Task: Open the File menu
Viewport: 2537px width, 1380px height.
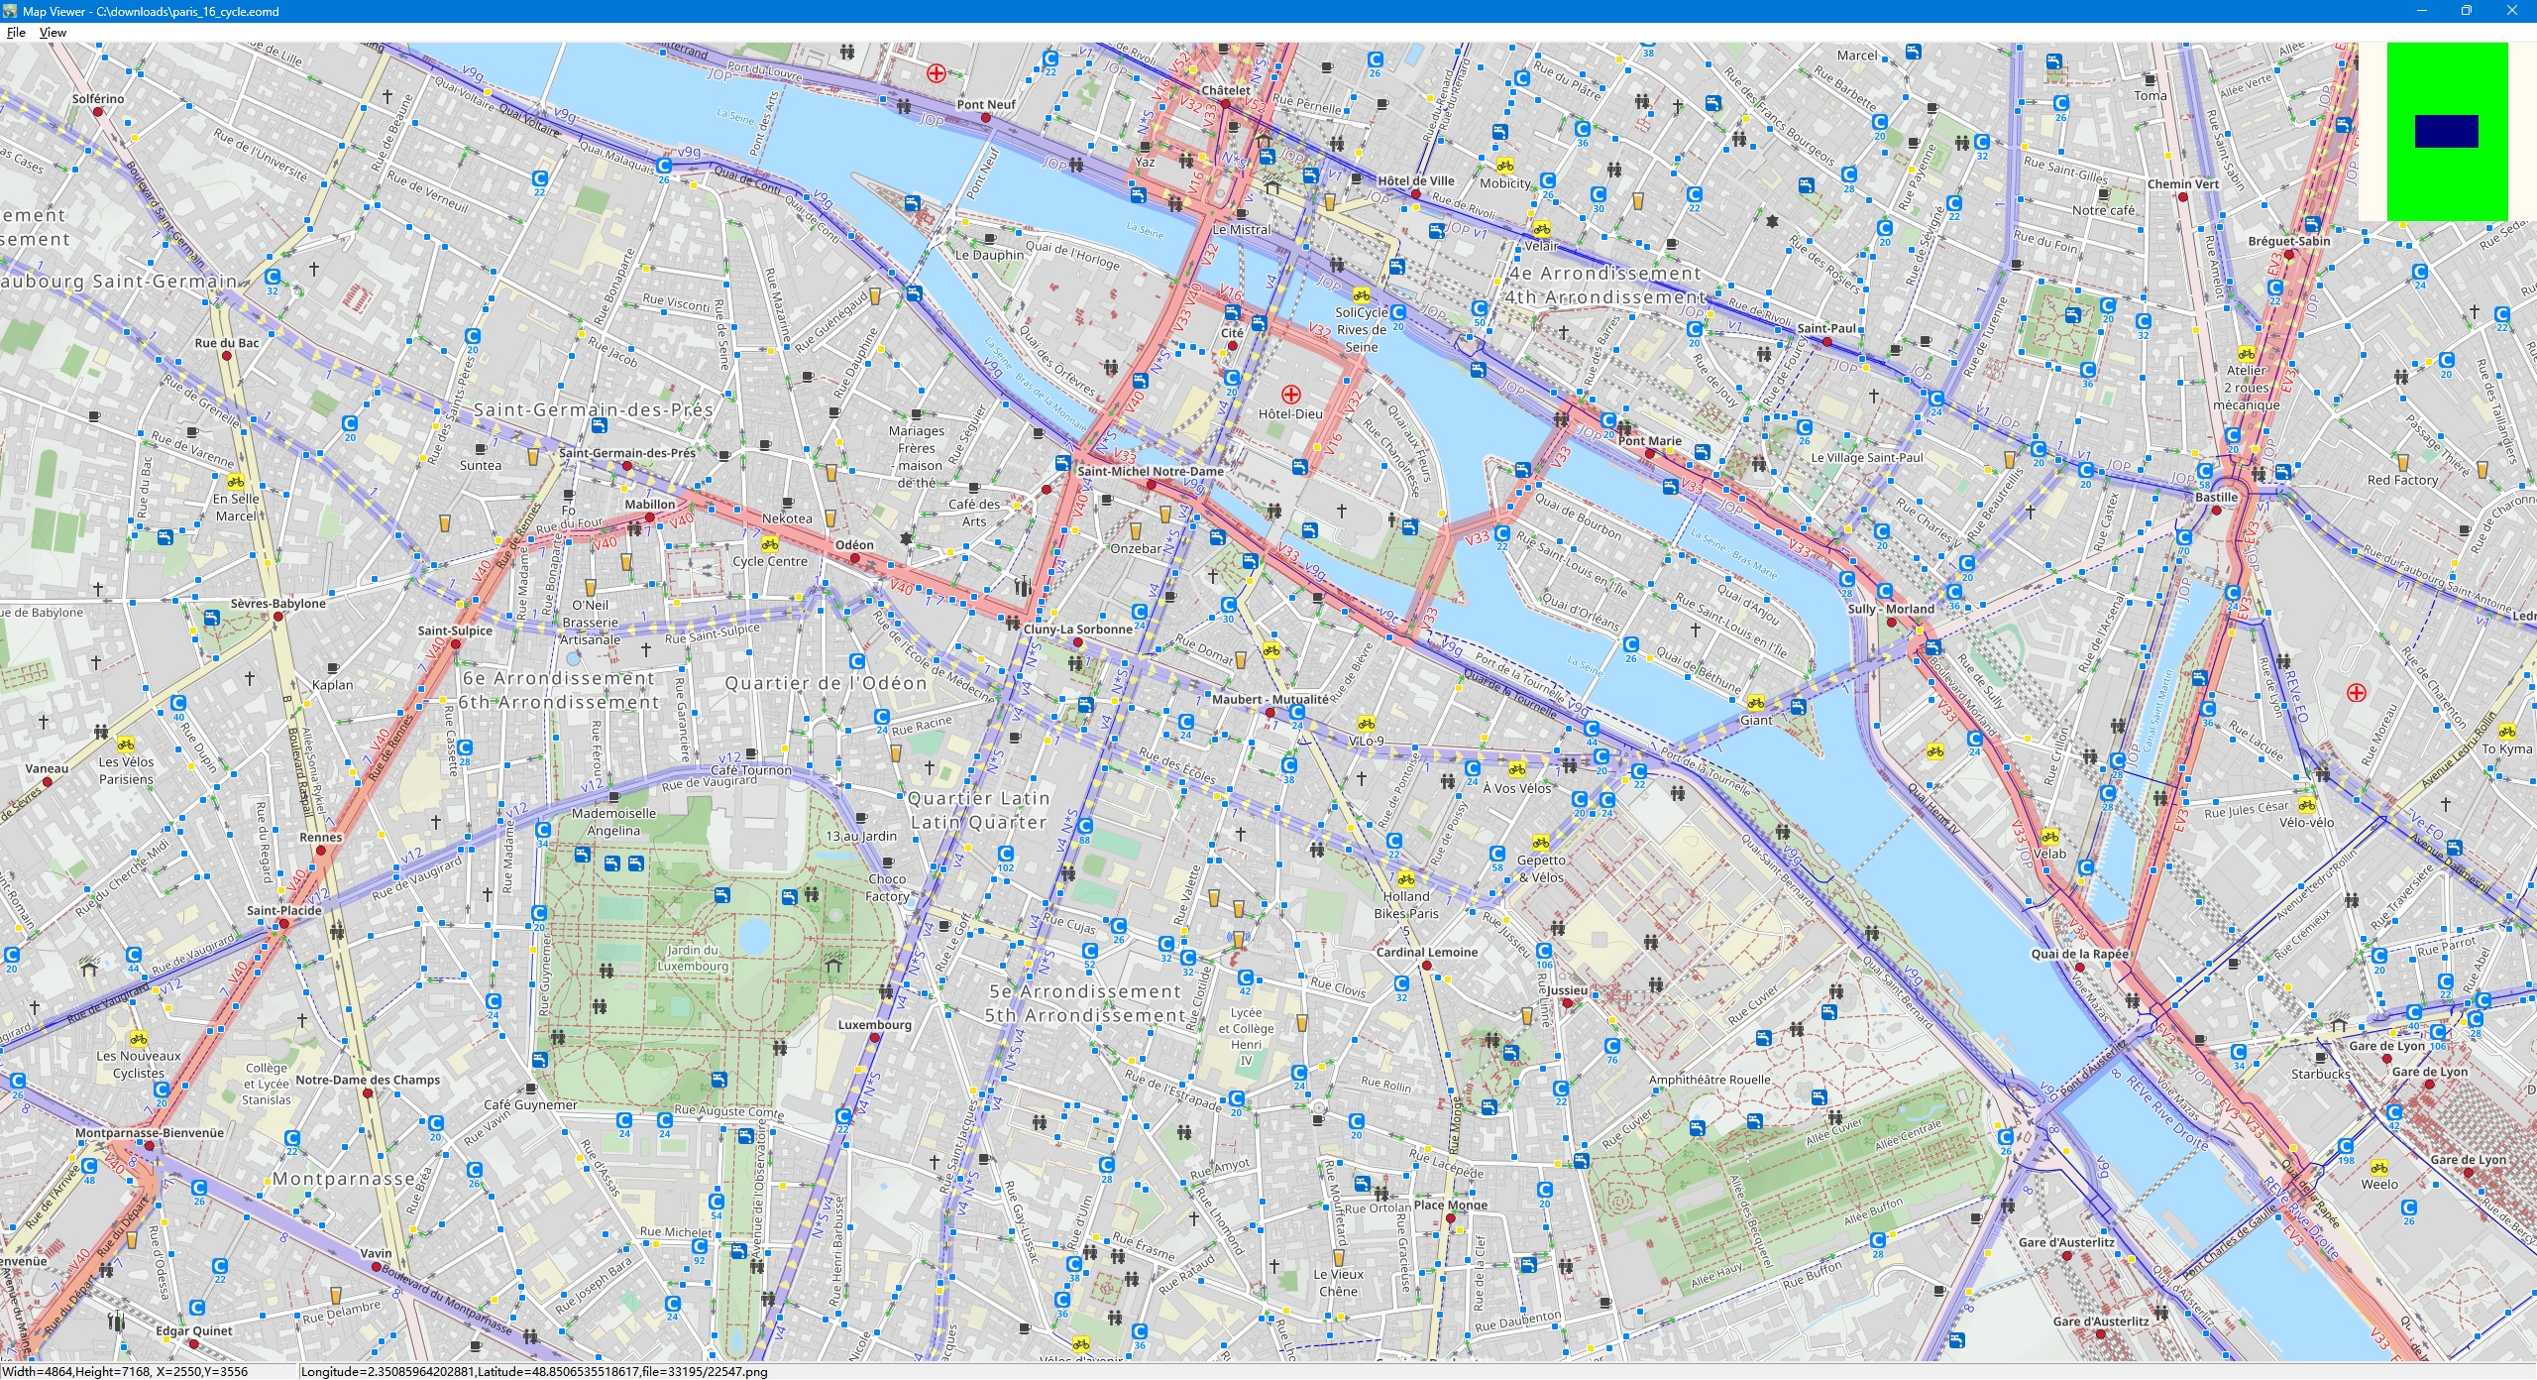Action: (16, 32)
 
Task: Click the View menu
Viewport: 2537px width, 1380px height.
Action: (53, 32)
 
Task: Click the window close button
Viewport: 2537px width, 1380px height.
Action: (2512, 11)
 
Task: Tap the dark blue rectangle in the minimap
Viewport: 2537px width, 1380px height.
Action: (2446, 131)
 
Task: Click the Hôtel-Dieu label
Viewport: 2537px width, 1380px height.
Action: (1290, 414)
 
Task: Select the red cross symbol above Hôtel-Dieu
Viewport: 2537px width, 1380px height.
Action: (1290, 395)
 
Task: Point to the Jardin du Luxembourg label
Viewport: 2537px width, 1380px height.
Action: (693, 958)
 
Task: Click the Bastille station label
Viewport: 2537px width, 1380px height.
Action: (2216, 498)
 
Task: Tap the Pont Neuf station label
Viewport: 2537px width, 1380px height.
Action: (986, 104)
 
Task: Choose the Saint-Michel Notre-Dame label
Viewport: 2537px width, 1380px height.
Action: (1151, 472)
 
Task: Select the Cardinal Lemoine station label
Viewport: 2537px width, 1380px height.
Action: (1426, 952)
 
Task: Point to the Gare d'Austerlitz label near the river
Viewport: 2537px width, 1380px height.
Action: (2066, 1242)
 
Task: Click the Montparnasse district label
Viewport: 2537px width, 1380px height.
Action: (343, 1179)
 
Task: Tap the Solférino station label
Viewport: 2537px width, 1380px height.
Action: (98, 99)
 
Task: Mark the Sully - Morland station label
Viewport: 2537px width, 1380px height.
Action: (1890, 609)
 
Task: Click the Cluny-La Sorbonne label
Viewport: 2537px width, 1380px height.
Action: (1077, 630)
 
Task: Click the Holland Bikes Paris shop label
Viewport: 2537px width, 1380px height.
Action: (1406, 905)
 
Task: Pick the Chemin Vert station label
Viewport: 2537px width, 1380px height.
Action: (2182, 184)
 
